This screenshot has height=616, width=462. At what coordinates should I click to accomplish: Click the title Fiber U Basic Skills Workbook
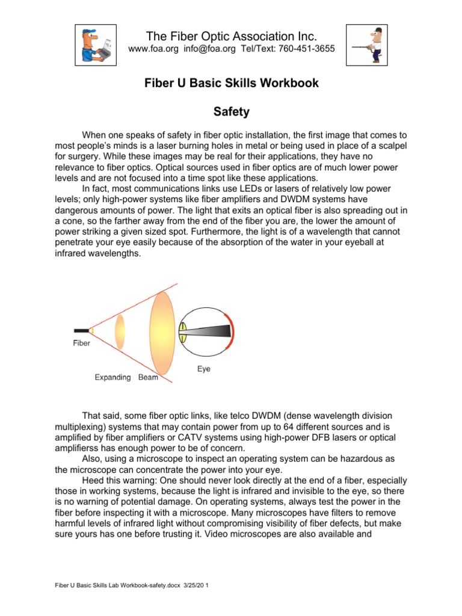coord(232,83)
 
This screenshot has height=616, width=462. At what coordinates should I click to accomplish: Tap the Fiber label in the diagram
coord(82,343)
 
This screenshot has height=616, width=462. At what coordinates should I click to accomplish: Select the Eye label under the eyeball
coord(204,369)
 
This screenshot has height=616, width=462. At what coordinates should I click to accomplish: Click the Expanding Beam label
coord(126,378)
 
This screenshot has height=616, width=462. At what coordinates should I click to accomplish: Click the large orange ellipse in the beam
coord(162,332)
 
